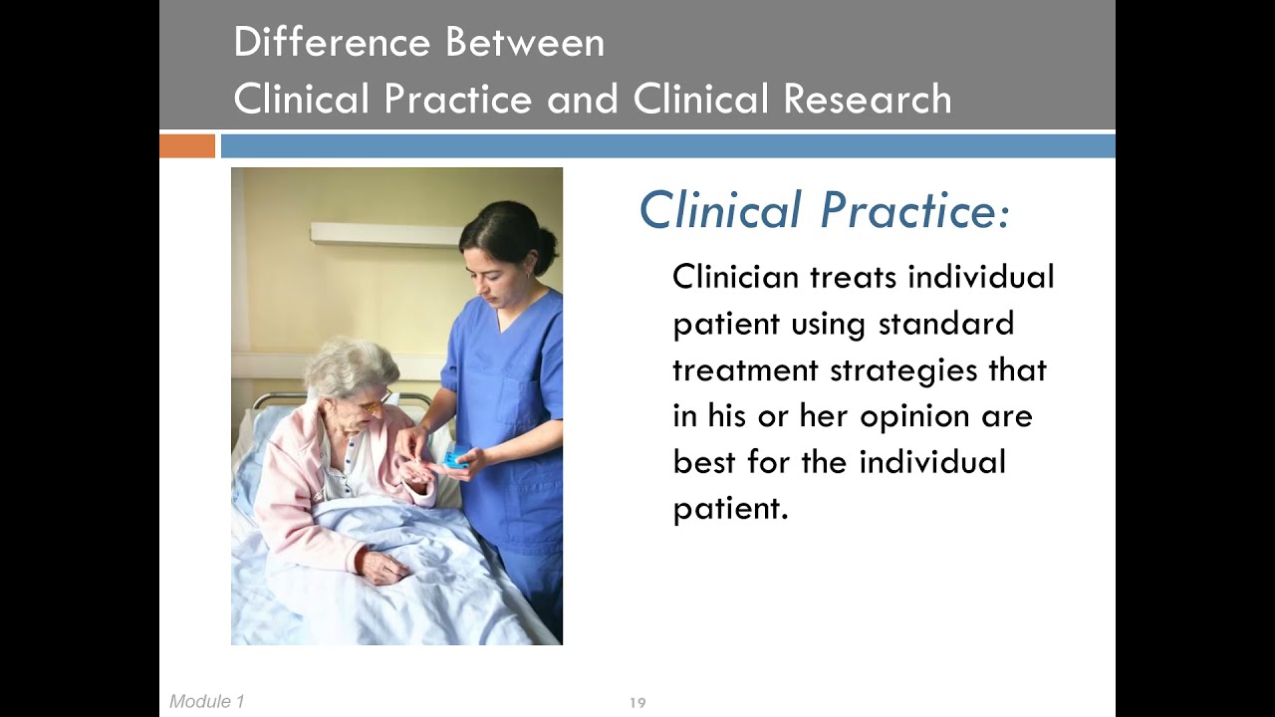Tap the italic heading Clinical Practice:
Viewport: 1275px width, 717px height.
(x=824, y=211)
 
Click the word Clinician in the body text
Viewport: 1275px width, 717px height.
(x=736, y=276)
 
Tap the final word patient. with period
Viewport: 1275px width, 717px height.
(x=730, y=509)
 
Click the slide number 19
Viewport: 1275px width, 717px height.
(x=637, y=703)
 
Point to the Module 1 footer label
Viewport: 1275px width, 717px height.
(x=206, y=702)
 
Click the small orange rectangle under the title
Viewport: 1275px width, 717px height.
(x=187, y=146)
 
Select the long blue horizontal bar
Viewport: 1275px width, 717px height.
(x=667, y=146)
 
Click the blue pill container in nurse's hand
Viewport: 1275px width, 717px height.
(x=455, y=458)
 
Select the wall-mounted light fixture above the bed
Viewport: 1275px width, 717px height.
(x=383, y=234)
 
